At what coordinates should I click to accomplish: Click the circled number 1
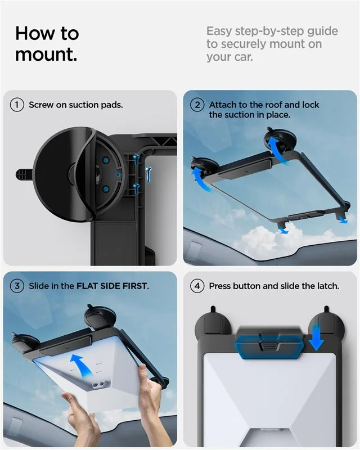pos(17,105)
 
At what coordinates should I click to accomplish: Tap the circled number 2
pos(197,105)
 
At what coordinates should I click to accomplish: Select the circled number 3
pos(17,286)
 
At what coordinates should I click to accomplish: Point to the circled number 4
pos(197,286)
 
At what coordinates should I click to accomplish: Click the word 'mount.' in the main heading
pos(46,54)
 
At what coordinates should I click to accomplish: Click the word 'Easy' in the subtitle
pos(219,31)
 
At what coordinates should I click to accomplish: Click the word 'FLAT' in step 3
pos(87,286)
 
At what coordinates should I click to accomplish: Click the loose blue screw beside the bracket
pos(148,174)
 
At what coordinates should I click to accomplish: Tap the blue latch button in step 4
pos(268,346)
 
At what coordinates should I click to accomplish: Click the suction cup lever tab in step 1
pos(23,174)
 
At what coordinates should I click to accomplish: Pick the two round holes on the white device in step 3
pos(99,384)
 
